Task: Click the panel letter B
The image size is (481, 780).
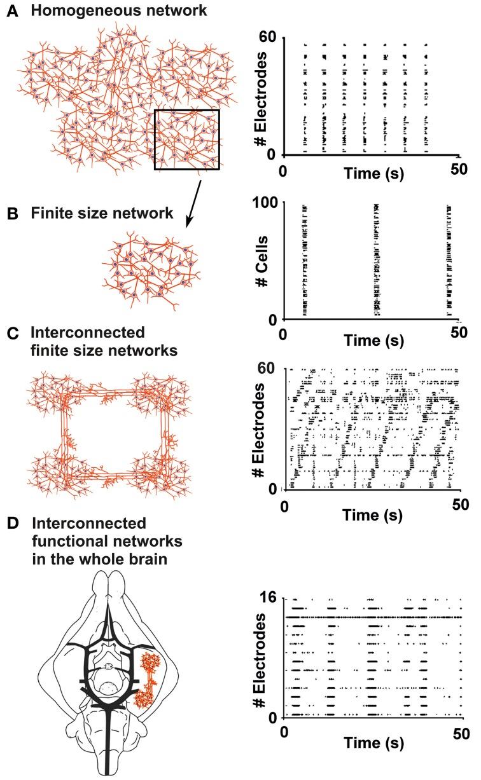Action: click(11, 214)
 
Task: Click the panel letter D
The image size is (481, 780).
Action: click(11, 523)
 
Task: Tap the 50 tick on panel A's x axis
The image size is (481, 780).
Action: click(459, 170)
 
